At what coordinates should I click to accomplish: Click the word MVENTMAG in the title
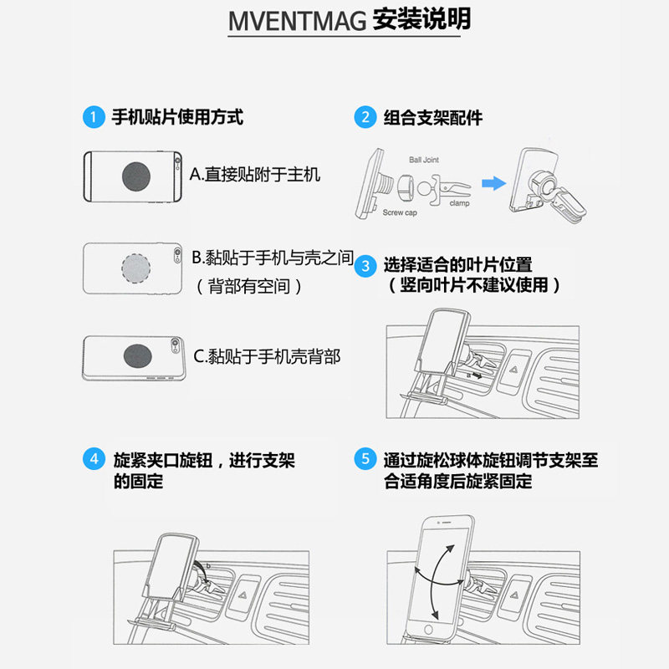[x=297, y=22]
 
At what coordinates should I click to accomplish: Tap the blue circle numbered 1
[x=94, y=117]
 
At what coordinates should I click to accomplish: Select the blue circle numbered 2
[x=365, y=117]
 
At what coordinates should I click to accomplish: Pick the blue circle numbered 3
[x=365, y=266]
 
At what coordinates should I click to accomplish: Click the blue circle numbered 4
[x=94, y=458]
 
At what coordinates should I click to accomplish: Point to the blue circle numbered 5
[x=365, y=458]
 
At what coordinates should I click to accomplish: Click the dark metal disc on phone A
[x=136, y=176]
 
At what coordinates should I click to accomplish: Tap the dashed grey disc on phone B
[x=135, y=268]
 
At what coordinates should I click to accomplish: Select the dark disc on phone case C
[x=137, y=356]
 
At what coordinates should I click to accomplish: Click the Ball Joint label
[x=424, y=160]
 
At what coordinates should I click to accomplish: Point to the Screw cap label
[x=400, y=212]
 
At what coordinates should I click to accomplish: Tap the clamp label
[x=459, y=203]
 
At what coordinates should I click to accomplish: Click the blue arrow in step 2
[x=493, y=183]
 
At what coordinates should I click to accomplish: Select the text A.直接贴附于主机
[x=255, y=175]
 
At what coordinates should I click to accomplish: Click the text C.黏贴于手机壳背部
[x=267, y=356]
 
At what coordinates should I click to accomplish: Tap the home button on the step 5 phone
[x=428, y=630]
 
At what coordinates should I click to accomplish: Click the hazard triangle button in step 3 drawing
[x=513, y=370]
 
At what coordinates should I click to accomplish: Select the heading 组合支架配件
[x=433, y=117]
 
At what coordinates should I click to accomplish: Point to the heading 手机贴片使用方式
[x=177, y=117]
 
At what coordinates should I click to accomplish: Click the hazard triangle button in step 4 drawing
[x=243, y=595]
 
